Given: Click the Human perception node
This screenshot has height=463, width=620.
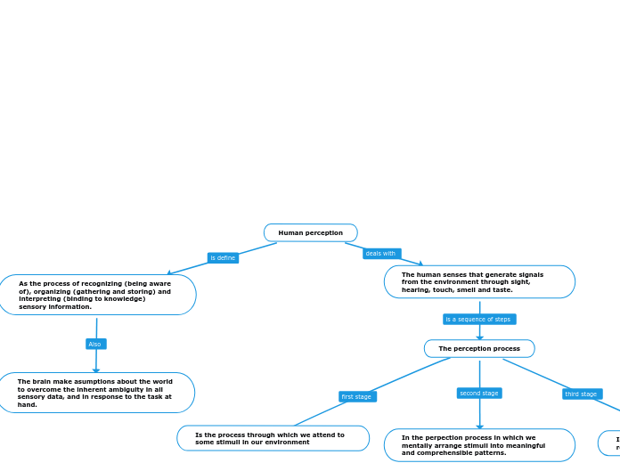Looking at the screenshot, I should point(310,233).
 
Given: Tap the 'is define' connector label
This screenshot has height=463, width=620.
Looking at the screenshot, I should point(223,258).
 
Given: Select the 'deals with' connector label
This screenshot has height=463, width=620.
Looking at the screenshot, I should point(381,254).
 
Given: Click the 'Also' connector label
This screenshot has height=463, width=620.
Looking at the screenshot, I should point(95,344).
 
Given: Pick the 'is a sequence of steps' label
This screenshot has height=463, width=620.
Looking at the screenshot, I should point(479,319).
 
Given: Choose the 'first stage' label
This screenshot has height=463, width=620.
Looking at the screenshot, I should point(357,396).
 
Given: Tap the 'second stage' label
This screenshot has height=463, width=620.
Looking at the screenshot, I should point(479,393).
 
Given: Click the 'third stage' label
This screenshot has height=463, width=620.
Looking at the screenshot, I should point(582,394).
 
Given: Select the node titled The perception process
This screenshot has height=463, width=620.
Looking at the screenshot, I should point(479,349).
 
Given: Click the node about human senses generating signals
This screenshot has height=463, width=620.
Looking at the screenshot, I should point(479,281).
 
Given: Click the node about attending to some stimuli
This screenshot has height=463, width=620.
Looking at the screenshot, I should point(273,438).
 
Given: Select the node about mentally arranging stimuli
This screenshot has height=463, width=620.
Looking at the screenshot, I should point(479,445).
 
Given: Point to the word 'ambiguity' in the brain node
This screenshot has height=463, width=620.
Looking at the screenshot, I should point(127,389).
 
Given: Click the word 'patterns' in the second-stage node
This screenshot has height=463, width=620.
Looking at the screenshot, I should point(491,453).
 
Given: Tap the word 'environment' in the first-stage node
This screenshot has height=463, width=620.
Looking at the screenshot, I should point(287,443).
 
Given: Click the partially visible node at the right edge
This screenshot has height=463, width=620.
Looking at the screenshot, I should point(611,442).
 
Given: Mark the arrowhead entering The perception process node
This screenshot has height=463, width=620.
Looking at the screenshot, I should point(479,337).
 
